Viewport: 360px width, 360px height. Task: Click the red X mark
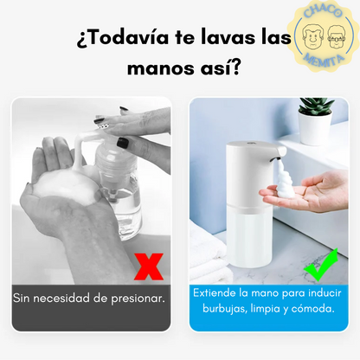[149, 267]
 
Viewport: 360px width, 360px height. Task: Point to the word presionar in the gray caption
[138, 299]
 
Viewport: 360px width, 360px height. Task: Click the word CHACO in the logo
[323, 11]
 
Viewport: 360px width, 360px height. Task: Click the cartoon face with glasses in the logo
[337, 36]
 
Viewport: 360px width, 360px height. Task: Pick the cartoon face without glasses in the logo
[312, 36]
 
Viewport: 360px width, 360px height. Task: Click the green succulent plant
[316, 106]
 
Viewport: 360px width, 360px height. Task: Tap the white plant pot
[314, 129]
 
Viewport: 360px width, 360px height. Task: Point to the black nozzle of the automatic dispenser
[275, 158]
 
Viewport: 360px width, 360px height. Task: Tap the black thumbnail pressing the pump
[122, 143]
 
